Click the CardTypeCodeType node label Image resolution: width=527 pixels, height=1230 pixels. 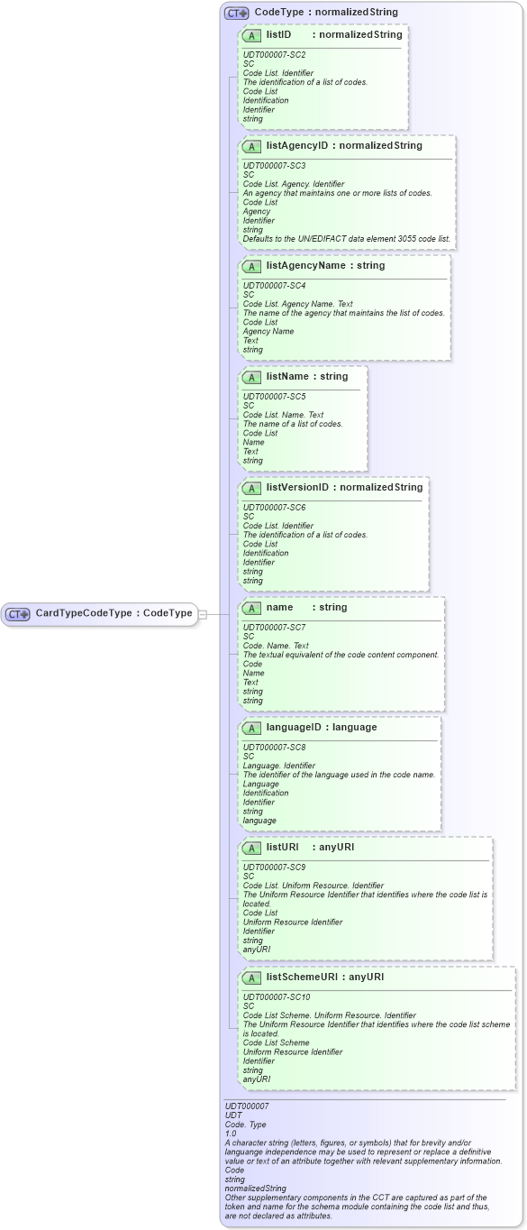click(x=114, y=613)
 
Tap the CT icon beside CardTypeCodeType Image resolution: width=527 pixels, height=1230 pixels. click(x=18, y=614)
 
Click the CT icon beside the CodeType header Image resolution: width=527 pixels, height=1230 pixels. click(x=237, y=13)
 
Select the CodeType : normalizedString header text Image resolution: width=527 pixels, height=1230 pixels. click(x=326, y=13)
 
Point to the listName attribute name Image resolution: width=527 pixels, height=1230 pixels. click(x=287, y=376)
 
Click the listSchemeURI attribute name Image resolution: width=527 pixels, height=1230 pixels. click(x=304, y=977)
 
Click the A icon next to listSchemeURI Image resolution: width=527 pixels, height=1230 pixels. click(x=251, y=978)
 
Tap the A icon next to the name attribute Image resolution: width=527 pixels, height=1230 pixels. click(x=251, y=608)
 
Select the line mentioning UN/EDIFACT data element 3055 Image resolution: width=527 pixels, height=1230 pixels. click(x=346, y=239)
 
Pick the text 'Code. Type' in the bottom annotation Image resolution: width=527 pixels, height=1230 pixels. click(x=244, y=1124)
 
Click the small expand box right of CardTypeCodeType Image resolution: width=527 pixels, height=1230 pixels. click(x=203, y=614)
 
